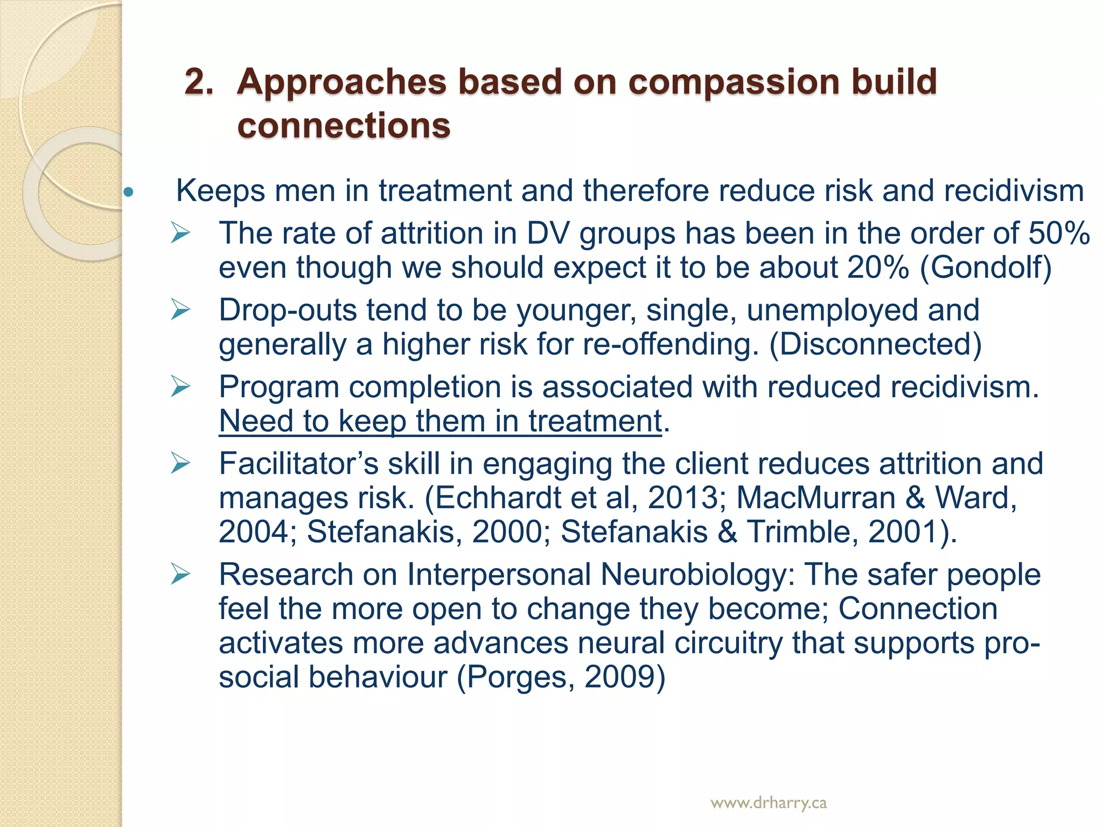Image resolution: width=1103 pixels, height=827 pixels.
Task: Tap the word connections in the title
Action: tap(344, 125)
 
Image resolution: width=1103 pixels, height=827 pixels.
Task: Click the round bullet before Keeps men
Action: tap(128, 192)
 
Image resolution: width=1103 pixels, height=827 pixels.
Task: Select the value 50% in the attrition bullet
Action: tap(1059, 233)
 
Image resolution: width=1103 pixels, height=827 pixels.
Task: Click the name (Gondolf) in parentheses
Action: tap(986, 268)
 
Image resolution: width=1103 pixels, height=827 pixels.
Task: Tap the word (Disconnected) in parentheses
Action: tap(875, 344)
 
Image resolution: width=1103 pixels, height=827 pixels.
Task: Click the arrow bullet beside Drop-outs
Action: tap(180, 310)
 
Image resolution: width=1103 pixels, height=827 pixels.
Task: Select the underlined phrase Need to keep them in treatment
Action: tap(440, 421)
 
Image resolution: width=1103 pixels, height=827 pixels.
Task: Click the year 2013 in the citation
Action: tap(683, 497)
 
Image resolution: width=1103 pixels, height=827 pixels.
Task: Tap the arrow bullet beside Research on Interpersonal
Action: tap(180, 574)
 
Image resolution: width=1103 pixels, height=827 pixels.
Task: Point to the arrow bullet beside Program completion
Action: tap(180, 387)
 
